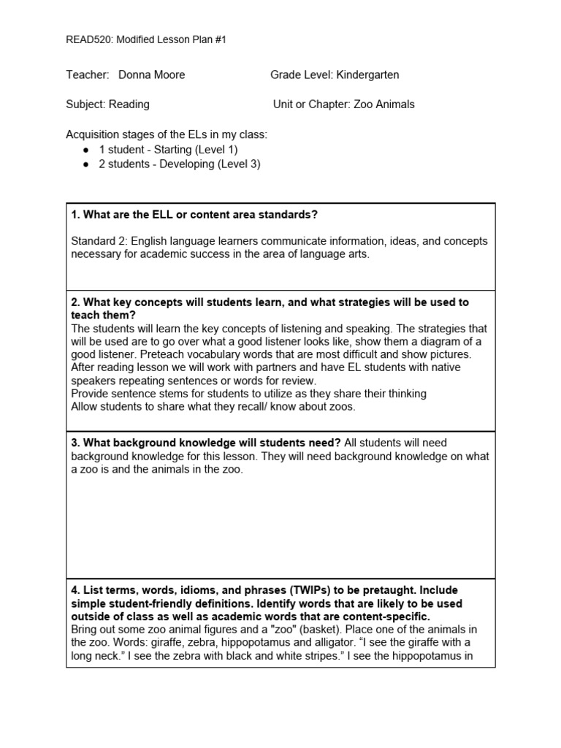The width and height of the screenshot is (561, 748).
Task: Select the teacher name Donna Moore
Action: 151,75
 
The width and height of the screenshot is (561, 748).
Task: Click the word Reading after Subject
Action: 129,104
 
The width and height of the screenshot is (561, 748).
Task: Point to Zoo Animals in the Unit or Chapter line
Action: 384,104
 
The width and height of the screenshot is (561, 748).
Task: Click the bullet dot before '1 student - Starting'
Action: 86,150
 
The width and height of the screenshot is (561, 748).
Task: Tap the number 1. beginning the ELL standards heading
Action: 75,215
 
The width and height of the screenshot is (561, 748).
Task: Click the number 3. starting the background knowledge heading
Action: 75,443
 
